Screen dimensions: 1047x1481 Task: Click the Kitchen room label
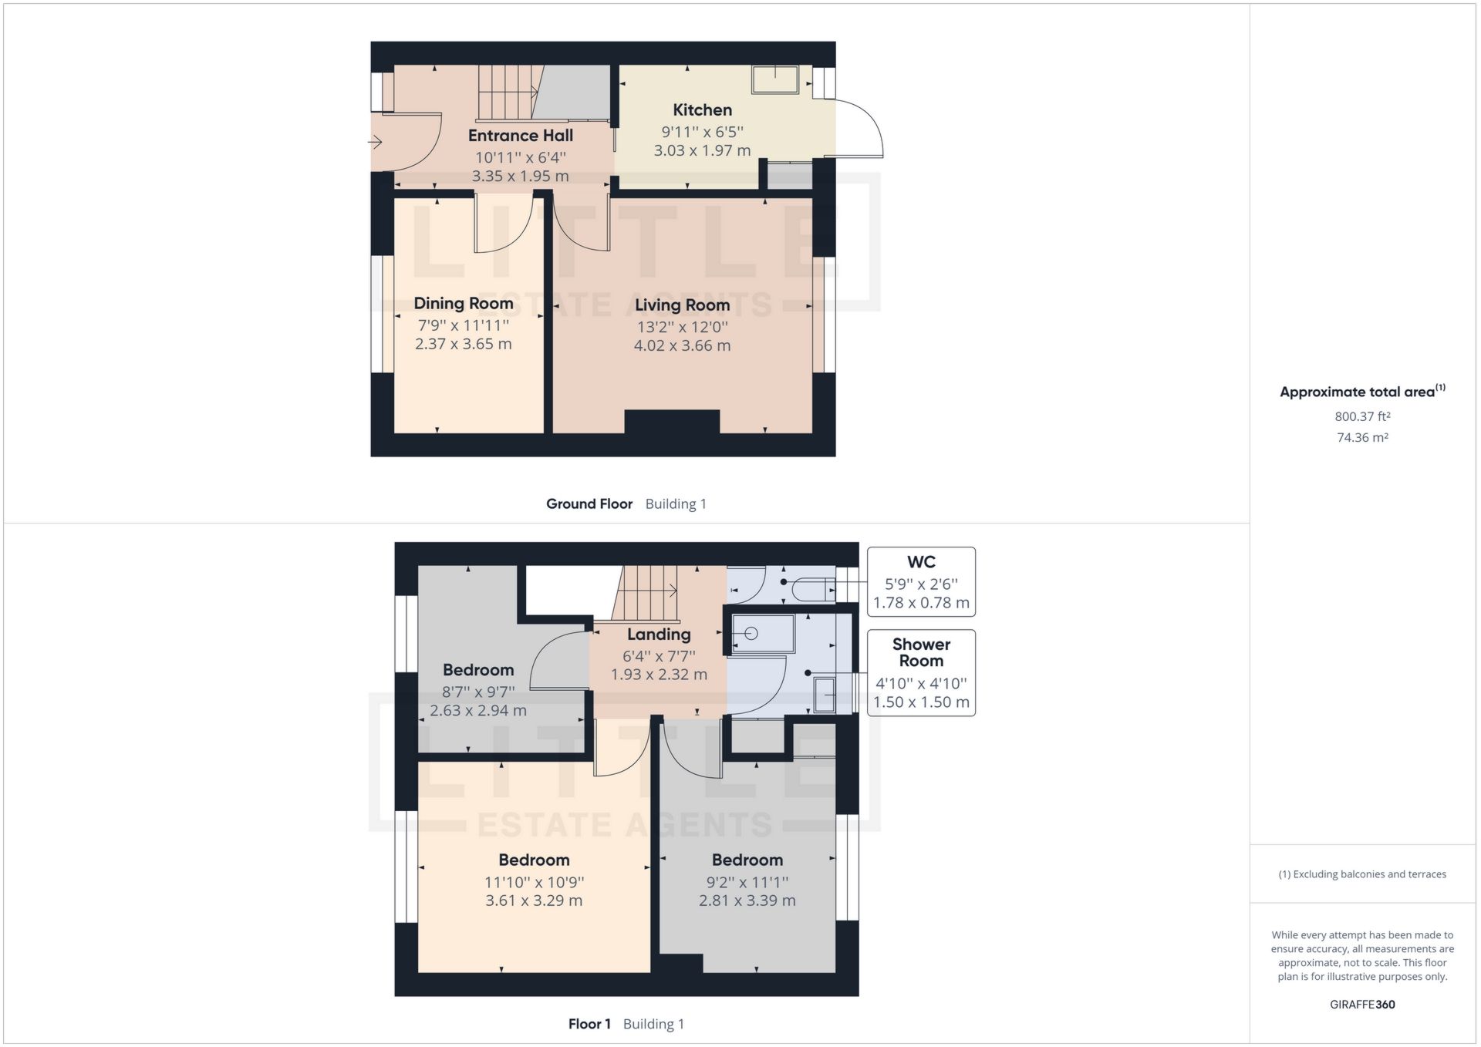click(x=702, y=110)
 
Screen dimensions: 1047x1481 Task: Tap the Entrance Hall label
click(x=521, y=136)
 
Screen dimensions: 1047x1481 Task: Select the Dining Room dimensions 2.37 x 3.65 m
click(x=463, y=344)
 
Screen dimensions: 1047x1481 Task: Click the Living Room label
click(x=682, y=305)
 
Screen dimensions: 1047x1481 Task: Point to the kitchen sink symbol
click(x=775, y=79)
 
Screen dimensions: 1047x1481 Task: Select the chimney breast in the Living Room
click(x=671, y=422)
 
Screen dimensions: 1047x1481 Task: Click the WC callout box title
click(x=921, y=562)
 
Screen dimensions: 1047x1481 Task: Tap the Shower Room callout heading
click(x=921, y=652)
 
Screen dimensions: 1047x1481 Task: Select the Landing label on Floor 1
click(x=658, y=635)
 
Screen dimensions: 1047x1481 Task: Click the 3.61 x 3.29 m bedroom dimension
click(x=534, y=901)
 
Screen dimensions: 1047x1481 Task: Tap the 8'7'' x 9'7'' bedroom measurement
click(x=478, y=692)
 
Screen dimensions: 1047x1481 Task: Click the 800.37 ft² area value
click(x=1362, y=416)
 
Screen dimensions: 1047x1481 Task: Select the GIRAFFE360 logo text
click(x=1362, y=1005)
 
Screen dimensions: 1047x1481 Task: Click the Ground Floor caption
click(x=589, y=504)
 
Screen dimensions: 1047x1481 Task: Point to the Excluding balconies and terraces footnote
click(x=1362, y=874)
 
